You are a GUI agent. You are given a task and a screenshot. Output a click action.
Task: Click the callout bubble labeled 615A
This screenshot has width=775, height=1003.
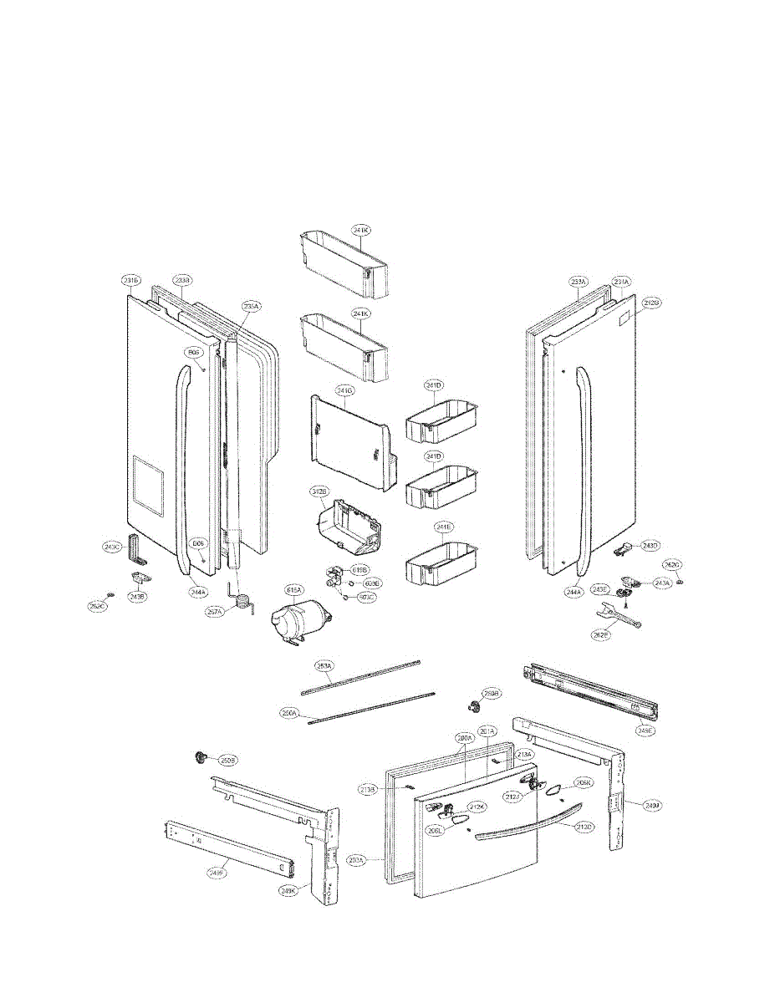click(294, 590)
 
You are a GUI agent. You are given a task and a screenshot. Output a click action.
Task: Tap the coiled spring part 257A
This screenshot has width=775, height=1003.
click(243, 601)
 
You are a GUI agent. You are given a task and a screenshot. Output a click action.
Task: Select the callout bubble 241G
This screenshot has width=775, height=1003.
click(345, 390)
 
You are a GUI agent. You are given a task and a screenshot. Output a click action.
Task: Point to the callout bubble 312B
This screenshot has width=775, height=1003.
click(319, 493)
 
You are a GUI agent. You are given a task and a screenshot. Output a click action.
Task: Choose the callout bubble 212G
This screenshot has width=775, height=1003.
click(651, 303)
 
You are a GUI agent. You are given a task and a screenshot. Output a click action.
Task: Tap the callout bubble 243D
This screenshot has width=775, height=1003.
click(650, 546)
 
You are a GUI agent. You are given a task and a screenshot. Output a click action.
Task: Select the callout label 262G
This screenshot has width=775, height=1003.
click(671, 565)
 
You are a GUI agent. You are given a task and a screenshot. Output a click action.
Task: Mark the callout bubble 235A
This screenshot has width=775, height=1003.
click(252, 306)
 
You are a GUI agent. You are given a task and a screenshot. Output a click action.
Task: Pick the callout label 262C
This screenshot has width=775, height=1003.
click(99, 605)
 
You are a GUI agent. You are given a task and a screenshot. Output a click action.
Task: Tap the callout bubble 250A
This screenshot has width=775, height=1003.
click(290, 713)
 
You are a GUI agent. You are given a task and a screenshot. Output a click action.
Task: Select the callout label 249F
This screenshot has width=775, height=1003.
click(217, 873)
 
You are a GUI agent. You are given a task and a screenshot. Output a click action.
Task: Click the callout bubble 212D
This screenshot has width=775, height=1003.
click(584, 827)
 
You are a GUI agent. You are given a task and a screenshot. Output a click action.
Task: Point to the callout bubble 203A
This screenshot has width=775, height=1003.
click(355, 859)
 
